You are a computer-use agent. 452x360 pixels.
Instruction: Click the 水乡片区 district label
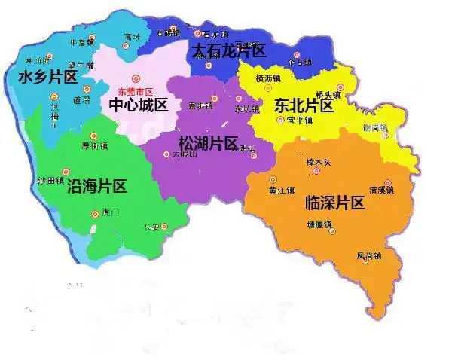[x=48, y=77]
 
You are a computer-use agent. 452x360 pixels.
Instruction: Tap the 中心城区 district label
[x=139, y=105]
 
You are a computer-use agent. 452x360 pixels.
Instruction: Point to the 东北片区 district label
[x=304, y=105]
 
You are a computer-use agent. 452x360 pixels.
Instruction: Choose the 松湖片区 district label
[x=208, y=142]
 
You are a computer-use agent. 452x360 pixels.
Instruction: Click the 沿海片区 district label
[x=96, y=186]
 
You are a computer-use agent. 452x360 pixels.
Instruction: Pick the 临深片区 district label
[x=334, y=202]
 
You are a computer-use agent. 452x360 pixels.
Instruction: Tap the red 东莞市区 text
[x=136, y=90]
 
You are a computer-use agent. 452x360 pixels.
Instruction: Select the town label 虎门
[x=109, y=213]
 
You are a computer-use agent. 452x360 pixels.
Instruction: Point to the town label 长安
[x=152, y=227]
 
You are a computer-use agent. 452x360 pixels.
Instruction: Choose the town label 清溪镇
[x=382, y=191]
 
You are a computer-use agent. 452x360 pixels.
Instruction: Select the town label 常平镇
[x=300, y=121]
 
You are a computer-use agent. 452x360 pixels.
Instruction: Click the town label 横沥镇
[x=267, y=78]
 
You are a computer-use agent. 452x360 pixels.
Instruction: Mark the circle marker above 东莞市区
[x=136, y=78]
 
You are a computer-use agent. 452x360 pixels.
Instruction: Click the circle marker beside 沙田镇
[x=66, y=172]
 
